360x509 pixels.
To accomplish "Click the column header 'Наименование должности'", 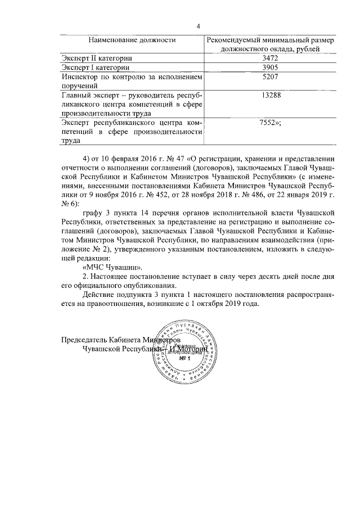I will click(x=130, y=40).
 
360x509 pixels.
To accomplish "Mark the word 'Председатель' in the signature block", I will click(x=86, y=340).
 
